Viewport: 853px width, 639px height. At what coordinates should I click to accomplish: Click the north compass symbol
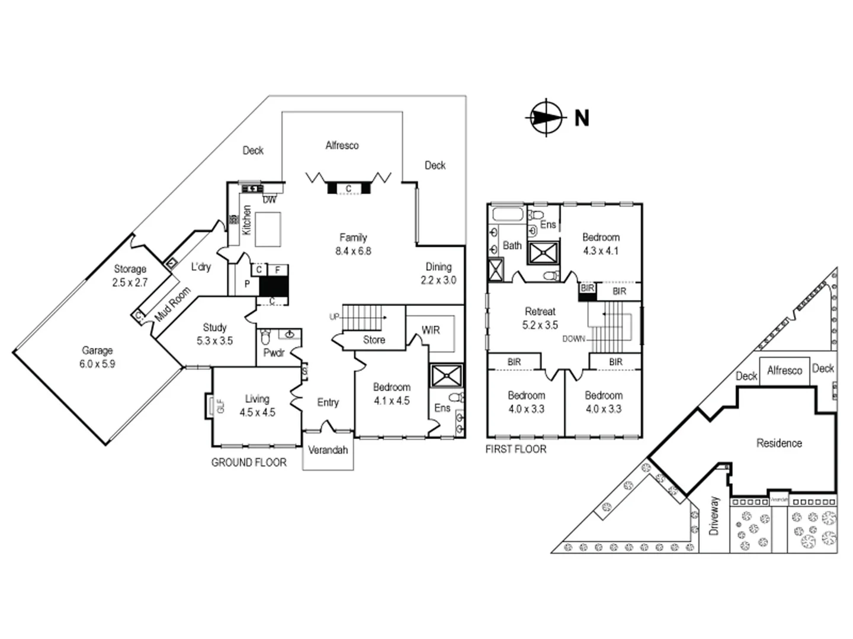[544, 117]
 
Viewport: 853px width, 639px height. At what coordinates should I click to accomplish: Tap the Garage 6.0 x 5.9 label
[97, 357]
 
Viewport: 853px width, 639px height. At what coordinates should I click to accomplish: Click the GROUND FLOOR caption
[249, 463]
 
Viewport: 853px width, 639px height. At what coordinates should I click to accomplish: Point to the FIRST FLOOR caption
[515, 449]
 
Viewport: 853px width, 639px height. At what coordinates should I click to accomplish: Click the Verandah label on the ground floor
[328, 450]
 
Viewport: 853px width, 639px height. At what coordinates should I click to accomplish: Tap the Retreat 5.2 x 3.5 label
[540, 318]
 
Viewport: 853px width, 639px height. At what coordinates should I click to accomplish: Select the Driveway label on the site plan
[714, 516]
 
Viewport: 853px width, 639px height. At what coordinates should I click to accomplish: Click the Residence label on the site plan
[779, 443]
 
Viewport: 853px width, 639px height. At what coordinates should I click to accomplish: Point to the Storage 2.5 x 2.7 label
[130, 276]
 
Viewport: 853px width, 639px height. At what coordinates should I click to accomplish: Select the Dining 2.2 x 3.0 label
[438, 273]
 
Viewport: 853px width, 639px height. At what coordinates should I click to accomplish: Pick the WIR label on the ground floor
[431, 330]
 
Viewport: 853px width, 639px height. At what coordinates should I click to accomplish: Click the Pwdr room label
[274, 353]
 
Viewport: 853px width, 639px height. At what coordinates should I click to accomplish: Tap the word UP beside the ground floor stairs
[334, 317]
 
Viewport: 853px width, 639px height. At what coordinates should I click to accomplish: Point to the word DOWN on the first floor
[573, 339]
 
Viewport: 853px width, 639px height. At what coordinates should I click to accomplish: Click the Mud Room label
[173, 305]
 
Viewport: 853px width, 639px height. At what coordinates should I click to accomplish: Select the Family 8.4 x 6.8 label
[353, 244]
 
